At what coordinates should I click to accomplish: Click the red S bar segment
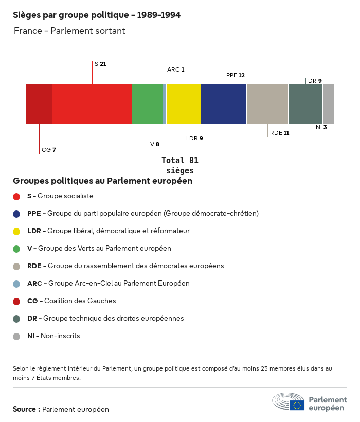click(92, 104)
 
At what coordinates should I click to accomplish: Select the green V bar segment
click(147, 104)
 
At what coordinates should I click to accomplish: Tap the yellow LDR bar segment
click(184, 104)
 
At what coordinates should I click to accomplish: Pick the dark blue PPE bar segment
click(224, 104)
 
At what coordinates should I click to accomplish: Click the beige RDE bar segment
click(267, 104)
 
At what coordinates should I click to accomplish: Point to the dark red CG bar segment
click(39, 104)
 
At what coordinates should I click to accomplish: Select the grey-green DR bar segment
click(305, 104)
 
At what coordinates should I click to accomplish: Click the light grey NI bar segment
click(329, 104)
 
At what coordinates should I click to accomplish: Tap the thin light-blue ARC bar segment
click(165, 104)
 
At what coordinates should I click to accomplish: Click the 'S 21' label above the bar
click(100, 64)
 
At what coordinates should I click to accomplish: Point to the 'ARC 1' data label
click(175, 69)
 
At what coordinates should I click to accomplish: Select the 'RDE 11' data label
click(279, 133)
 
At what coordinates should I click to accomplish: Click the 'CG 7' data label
click(48, 150)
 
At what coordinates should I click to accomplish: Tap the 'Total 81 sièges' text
click(180, 165)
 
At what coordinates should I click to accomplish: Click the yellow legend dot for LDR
click(16, 231)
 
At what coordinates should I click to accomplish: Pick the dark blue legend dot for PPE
click(16, 214)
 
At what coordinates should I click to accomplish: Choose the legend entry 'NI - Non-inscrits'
click(53, 336)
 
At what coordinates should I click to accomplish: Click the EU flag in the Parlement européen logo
click(297, 405)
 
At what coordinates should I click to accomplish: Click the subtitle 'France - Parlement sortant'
click(69, 31)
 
